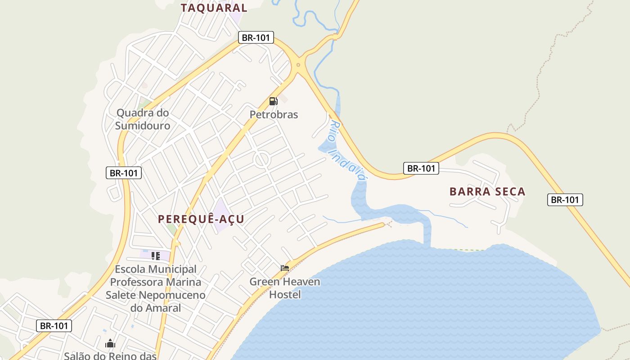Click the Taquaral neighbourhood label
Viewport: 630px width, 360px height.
[214, 8]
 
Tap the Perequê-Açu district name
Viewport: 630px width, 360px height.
[201, 219]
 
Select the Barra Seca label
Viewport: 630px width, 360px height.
[487, 192]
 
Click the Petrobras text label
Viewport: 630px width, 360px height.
[274, 115]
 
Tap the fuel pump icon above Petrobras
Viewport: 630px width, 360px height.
[273, 101]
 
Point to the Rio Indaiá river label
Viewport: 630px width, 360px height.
[346, 150]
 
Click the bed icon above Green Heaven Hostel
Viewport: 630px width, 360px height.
[284, 268]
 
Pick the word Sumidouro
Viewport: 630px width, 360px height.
[143, 126]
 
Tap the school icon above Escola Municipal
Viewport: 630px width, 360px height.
[156, 256]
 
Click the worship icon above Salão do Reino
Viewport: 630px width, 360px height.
[110, 344]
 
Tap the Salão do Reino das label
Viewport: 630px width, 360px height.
[110, 356]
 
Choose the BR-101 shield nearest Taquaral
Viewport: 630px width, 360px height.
[256, 37]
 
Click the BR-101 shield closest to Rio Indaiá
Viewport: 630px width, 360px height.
[421, 168]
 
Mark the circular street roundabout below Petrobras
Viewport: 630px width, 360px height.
[261, 159]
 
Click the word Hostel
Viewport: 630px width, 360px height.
[285, 295]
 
